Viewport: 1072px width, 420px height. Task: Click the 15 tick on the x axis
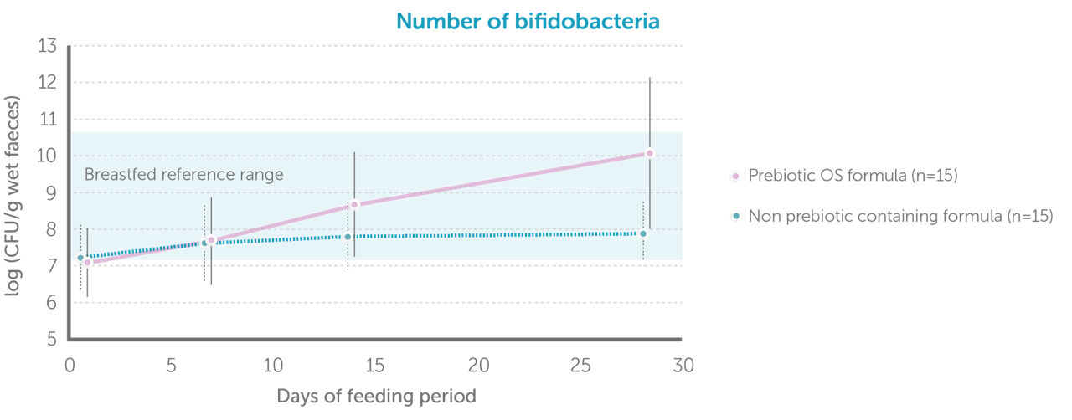tap(376, 366)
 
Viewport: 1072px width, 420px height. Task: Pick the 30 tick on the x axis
tap(683, 366)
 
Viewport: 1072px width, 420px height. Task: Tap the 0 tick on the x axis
tap(70, 366)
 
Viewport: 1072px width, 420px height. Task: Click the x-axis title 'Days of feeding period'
tap(376, 396)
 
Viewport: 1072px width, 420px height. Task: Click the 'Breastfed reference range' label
tap(184, 175)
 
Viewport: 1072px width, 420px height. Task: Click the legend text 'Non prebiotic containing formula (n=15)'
tap(899, 216)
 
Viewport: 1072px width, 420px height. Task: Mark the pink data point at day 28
tap(649, 153)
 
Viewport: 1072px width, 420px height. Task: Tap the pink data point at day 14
tap(354, 205)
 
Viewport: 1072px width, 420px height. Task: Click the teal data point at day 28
tap(643, 233)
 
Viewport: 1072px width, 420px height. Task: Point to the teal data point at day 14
tap(348, 237)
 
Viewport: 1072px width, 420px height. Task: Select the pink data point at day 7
tap(211, 240)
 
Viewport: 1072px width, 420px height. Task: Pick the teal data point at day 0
tap(80, 258)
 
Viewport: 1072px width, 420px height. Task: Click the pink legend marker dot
tap(735, 177)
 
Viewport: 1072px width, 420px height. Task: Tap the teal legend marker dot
tap(735, 216)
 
